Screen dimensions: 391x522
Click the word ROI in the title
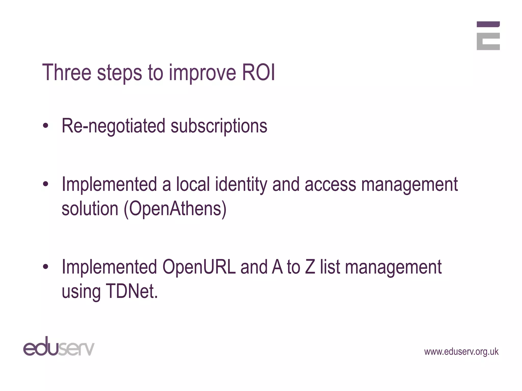point(258,73)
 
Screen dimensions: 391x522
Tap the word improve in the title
point(202,74)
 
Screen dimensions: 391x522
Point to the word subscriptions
point(219,126)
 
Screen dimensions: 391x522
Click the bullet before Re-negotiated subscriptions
point(46,126)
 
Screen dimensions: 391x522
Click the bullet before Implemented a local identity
point(46,184)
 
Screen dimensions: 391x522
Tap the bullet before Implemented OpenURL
point(46,267)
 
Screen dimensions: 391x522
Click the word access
point(330,185)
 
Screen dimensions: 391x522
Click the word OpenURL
point(199,267)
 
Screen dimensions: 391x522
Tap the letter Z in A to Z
point(310,267)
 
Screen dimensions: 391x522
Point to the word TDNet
point(131,291)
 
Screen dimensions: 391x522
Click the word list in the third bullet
point(330,267)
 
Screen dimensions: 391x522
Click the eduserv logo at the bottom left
point(59,347)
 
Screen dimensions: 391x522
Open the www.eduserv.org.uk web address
point(461,352)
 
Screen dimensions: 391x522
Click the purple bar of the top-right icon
point(488,24)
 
